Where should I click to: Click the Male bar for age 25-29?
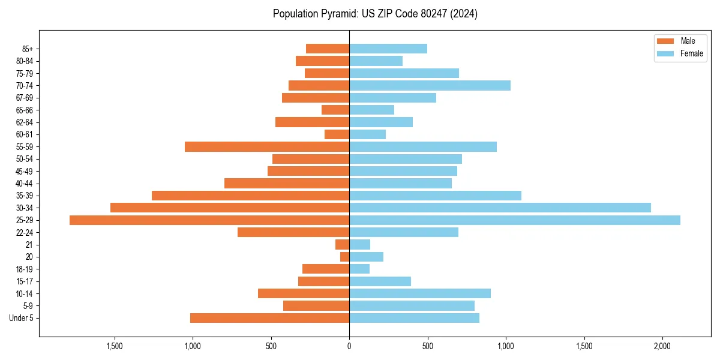point(209,220)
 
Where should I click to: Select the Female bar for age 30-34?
point(500,208)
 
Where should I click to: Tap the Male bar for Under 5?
point(269,318)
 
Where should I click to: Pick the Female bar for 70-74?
point(430,86)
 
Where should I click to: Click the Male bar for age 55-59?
point(267,147)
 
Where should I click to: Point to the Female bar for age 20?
point(366,257)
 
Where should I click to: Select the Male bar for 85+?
point(328,49)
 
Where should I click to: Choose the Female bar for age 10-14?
point(420,293)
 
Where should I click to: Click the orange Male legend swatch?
point(665,41)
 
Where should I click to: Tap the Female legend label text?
point(691,53)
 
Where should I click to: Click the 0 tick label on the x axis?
point(349,346)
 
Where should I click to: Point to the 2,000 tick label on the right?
point(662,346)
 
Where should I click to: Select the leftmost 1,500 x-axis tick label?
point(114,346)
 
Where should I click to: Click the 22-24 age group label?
point(25,233)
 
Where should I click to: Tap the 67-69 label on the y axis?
point(25,98)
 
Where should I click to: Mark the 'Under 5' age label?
point(22,318)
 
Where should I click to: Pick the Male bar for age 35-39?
point(250,196)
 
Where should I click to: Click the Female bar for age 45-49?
point(403,171)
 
